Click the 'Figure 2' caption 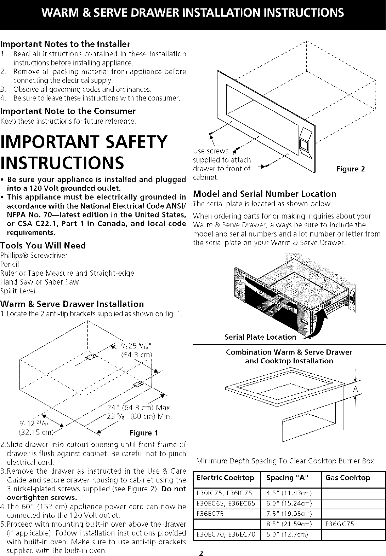pyautogui.click(x=350, y=169)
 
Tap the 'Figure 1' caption pyautogui.click(x=143, y=433)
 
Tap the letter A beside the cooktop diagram pyautogui.click(x=356, y=390)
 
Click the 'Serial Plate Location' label pyautogui.click(x=260, y=337)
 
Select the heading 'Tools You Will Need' pyautogui.click(x=43, y=245)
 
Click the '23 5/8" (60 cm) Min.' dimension pyautogui.click(x=139, y=416)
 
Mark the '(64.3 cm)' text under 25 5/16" pyautogui.click(x=137, y=355)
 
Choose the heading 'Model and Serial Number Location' pyautogui.click(x=264, y=194)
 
